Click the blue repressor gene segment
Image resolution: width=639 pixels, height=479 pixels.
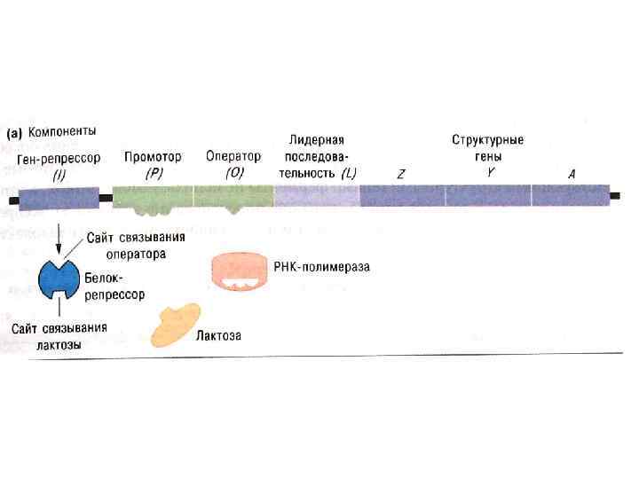point(59,198)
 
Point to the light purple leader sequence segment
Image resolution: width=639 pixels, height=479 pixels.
point(317,196)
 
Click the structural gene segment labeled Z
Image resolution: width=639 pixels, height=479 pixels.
point(402,195)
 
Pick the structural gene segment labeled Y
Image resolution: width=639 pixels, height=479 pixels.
point(488,195)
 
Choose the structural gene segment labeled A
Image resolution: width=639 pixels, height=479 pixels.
point(571,195)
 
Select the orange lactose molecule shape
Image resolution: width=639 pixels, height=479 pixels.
point(174,326)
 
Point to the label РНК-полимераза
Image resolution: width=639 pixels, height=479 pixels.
point(321,265)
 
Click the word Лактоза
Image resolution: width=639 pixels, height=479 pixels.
point(219,336)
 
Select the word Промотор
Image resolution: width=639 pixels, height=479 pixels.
point(153,156)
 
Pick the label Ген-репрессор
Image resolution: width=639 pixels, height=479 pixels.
point(59,158)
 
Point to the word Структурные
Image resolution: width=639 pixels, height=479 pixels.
point(487,140)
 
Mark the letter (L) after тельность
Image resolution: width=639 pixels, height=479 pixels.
point(348,173)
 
